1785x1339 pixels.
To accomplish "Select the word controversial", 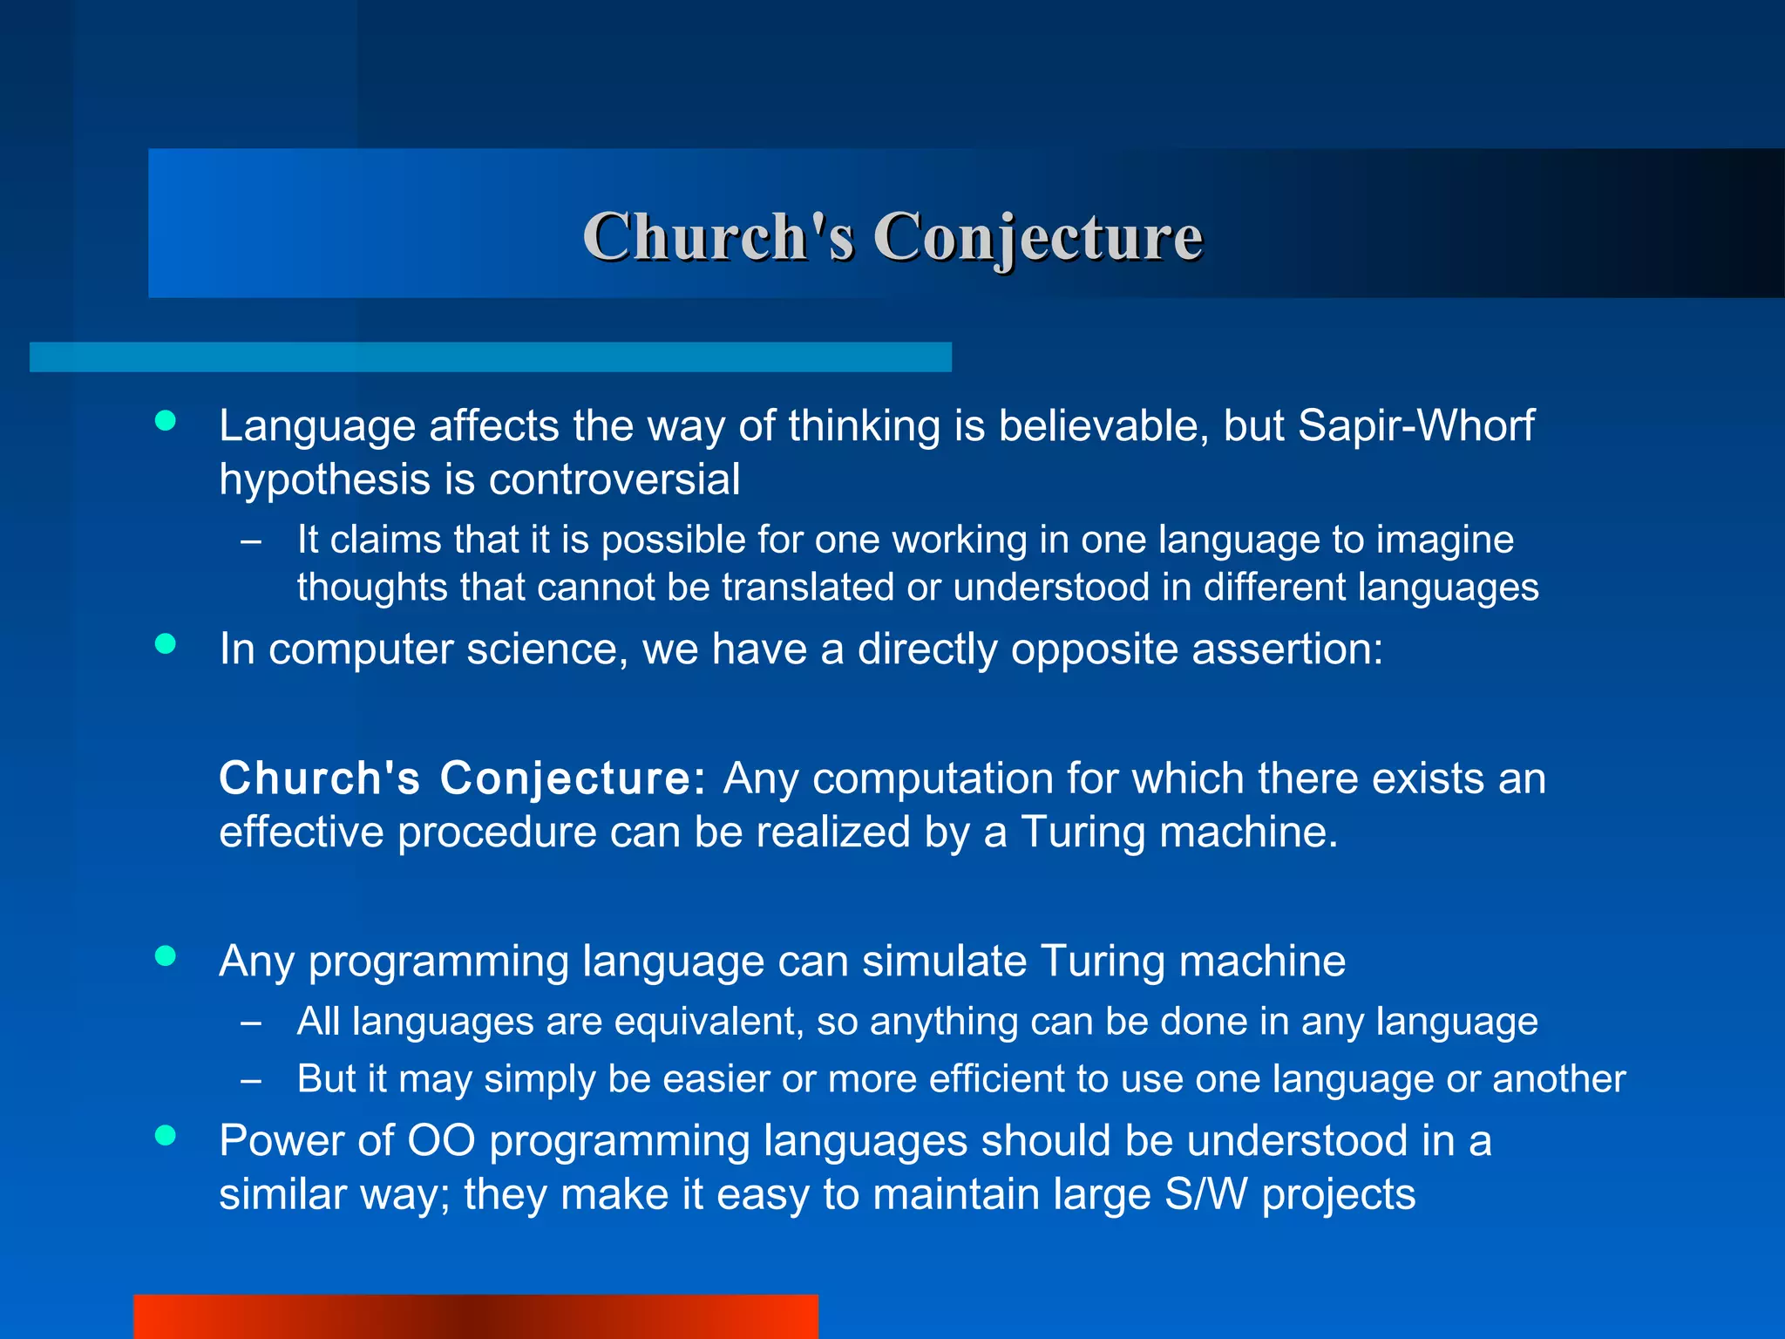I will (614, 480).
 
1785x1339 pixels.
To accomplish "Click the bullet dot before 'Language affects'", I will (165, 421).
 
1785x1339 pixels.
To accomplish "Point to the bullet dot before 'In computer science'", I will (165, 643).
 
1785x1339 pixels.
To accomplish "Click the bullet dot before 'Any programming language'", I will (165, 955).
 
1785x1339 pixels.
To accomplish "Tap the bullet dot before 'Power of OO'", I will (165, 1135).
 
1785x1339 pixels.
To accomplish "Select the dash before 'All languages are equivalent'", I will (251, 1023).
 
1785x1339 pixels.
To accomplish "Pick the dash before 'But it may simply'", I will (251, 1081).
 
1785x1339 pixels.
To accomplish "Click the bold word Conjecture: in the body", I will (572, 778).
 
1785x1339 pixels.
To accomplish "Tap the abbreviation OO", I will (441, 1141).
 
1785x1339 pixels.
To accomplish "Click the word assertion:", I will (1286, 649).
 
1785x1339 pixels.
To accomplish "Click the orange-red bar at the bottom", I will (475, 1316).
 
